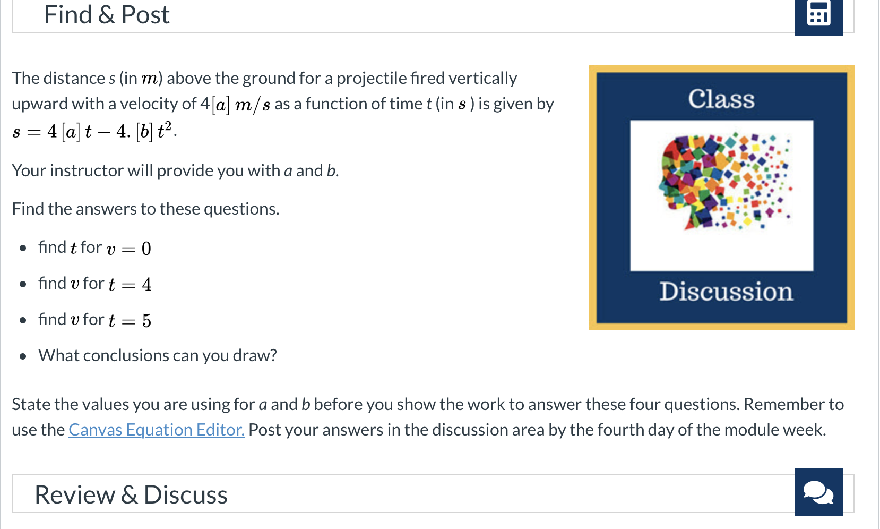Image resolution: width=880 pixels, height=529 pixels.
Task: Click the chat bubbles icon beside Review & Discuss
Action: pos(819,492)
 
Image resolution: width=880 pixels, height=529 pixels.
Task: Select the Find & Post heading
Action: pos(107,15)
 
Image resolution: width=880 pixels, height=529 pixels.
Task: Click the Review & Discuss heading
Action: pos(131,494)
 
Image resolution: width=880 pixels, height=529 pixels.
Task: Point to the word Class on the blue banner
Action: pos(721,99)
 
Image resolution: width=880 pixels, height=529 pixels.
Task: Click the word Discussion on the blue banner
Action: pos(726,292)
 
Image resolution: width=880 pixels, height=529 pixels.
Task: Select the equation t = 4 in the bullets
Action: pos(130,284)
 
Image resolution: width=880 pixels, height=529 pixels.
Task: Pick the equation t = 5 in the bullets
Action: pos(130,320)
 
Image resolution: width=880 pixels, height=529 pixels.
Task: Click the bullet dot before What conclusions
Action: pos(23,356)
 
